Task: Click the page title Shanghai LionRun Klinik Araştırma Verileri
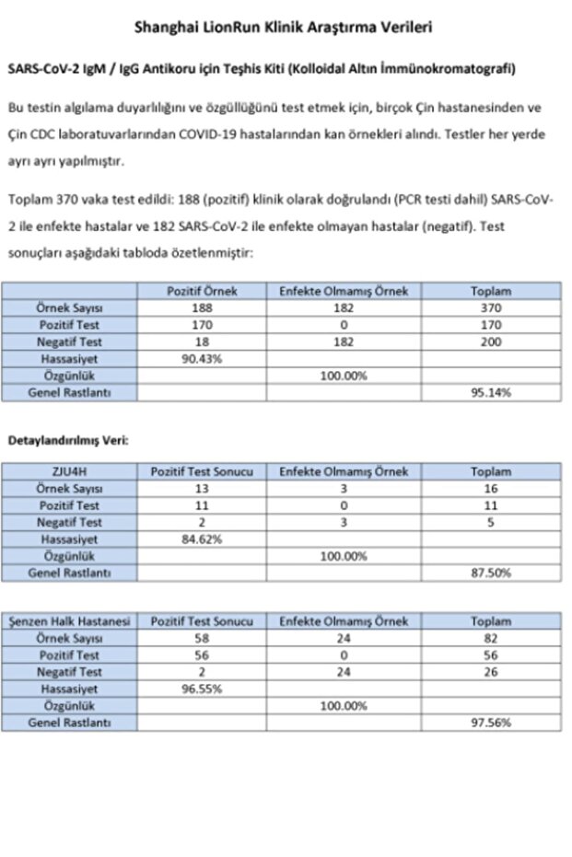click(284, 28)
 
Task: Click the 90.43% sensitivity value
click(202, 359)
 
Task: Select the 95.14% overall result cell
click(491, 392)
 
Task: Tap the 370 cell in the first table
click(491, 308)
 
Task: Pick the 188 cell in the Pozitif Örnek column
click(202, 308)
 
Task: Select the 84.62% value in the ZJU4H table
click(202, 539)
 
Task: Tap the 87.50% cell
click(491, 573)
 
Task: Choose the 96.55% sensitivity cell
click(202, 689)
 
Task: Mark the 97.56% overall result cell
click(491, 723)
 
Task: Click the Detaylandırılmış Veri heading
click(68, 440)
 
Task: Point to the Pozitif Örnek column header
click(202, 291)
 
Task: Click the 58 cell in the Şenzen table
click(202, 638)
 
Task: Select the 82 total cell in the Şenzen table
click(491, 638)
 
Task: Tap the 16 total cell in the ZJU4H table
click(491, 488)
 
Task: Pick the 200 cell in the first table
click(491, 342)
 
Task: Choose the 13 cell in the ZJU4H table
click(202, 488)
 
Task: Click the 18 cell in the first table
click(202, 342)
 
